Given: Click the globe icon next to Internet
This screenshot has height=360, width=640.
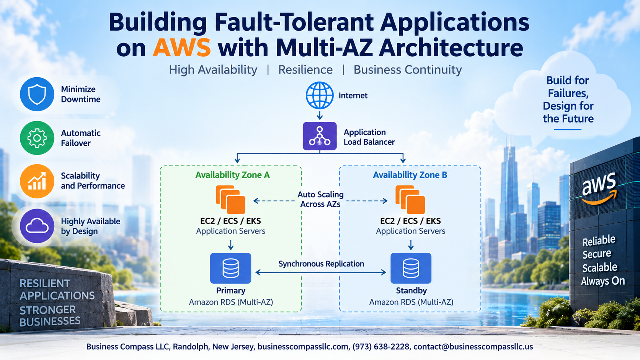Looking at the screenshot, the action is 320,95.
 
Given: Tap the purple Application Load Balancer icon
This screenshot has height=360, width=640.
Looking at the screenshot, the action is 320,136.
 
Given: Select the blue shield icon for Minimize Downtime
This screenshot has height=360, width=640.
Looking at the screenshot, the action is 37,94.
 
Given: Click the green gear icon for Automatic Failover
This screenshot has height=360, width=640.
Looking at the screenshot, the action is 37,138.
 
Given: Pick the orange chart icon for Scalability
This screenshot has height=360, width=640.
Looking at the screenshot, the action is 37,181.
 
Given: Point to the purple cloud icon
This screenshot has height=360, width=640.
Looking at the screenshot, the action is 37,226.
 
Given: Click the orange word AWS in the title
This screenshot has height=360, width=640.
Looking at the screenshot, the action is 182,47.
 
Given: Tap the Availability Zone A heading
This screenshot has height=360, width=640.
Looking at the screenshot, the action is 232,175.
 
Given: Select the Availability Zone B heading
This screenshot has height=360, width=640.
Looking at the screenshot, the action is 410,175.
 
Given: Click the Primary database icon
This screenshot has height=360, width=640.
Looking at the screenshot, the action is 230,268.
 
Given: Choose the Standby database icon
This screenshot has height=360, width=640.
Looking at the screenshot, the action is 411,268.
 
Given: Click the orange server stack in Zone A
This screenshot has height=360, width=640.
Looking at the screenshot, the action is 230,200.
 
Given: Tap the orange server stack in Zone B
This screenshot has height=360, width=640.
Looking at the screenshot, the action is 410,200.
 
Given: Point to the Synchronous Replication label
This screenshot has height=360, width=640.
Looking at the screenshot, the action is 321,264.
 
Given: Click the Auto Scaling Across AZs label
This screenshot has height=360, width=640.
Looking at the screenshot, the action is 320,199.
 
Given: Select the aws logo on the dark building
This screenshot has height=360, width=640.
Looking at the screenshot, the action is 599,189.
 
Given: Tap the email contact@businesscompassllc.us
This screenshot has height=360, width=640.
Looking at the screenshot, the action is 473,347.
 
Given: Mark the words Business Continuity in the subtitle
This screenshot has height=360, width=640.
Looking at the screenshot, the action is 408,70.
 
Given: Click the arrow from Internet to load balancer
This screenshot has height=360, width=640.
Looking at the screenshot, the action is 320,115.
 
